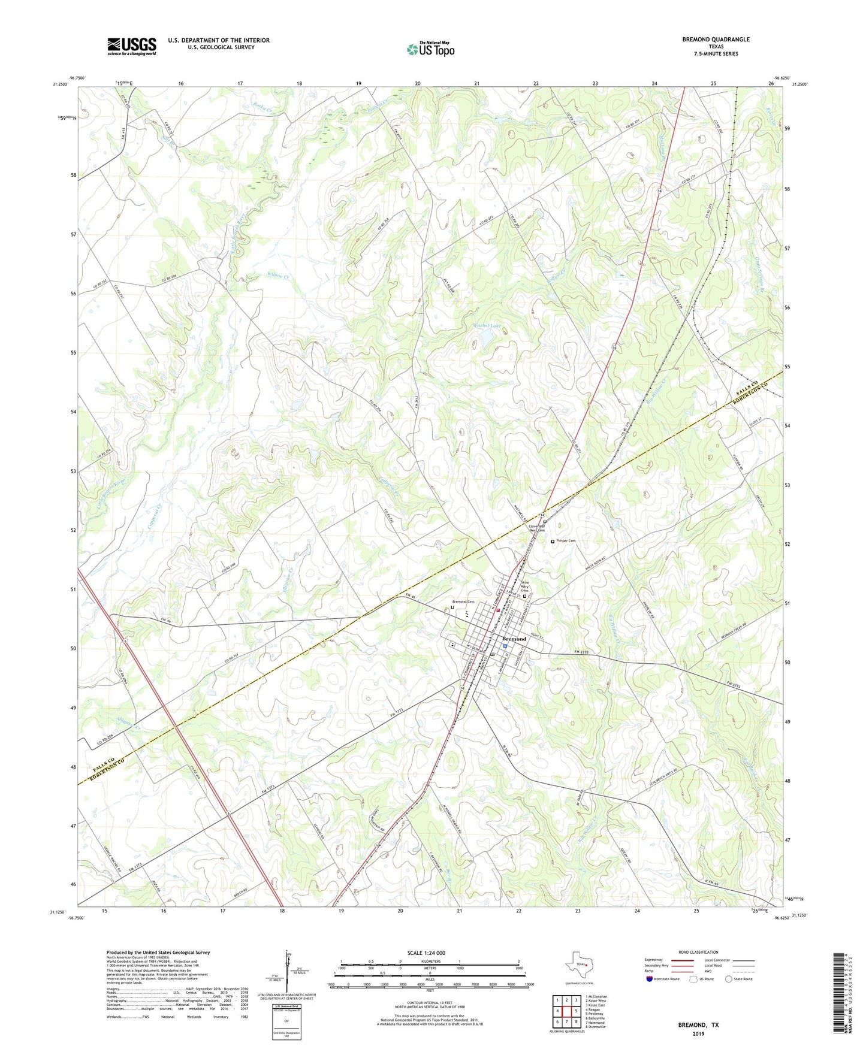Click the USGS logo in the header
(x=132, y=46)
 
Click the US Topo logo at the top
(x=430, y=49)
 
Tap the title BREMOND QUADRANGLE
(x=716, y=40)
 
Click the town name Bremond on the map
(x=514, y=639)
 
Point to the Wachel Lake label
(x=487, y=326)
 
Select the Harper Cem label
(x=566, y=541)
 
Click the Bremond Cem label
(x=463, y=601)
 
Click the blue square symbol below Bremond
(x=505, y=646)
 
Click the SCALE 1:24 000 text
(x=426, y=953)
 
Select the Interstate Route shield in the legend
(x=650, y=979)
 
